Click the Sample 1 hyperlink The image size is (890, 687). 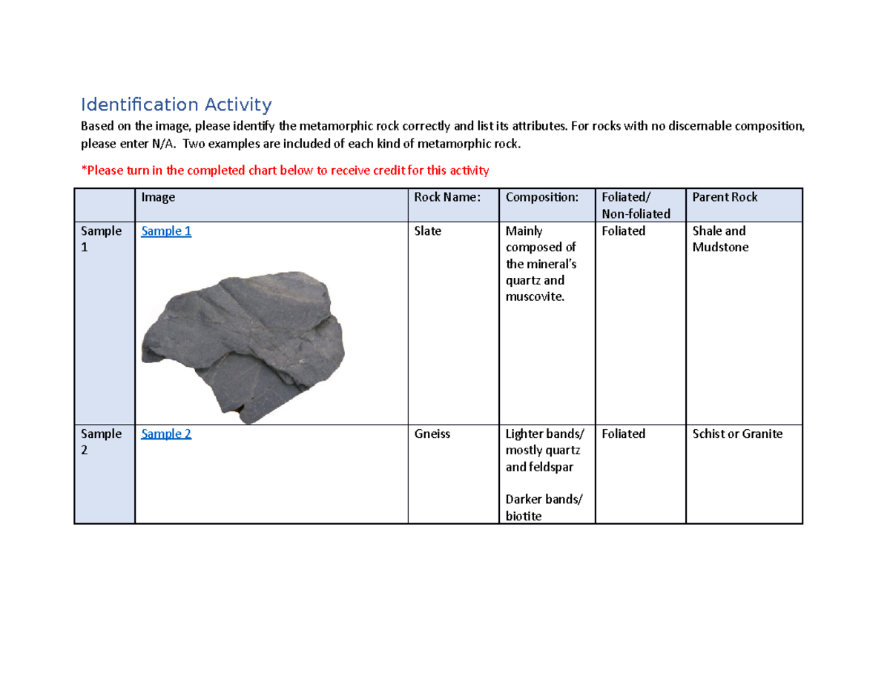click(x=166, y=231)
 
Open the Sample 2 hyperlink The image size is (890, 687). click(x=166, y=434)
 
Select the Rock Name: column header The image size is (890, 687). click(x=447, y=197)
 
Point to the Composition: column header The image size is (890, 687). click(x=541, y=197)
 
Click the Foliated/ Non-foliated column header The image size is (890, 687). click(x=636, y=205)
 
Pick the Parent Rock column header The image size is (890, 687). click(x=725, y=197)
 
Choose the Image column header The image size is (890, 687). click(x=158, y=197)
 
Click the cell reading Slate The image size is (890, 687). click(x=428, y=231)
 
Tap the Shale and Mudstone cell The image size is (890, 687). click(x=719, y=239)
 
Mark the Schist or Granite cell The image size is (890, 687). click(x=736, y=434)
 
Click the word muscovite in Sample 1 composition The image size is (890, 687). click(x=533, y=297)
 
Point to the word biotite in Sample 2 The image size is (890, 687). click(x=523, y=516)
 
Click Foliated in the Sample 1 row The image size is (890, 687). click(x=623, y=231)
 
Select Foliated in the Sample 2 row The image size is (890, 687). click(x=623, y=434)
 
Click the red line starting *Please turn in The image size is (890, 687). click(x=285, y=171)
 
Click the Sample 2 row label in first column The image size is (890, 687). click(x=102, y=442)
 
